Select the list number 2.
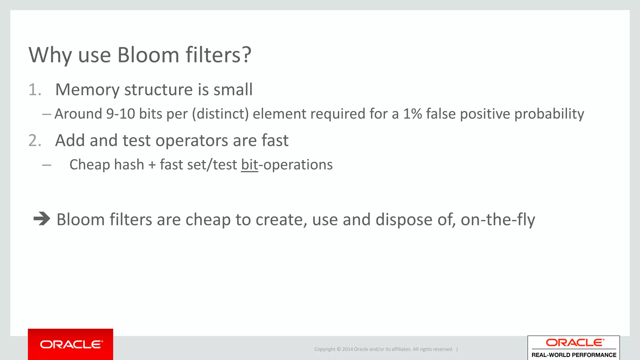(x=35, y=141)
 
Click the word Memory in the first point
(x=87, y=90)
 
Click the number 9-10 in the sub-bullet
(x=121, y=114)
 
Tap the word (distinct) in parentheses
(x=220, y=114)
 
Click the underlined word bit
(x=249, y=165)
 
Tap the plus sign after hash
(x=152, y=165)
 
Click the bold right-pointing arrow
(x=42, y=219)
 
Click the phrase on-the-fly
(x=497, y=220)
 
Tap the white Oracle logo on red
(x=71, y=344)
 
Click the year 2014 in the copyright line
(x=347, y=349)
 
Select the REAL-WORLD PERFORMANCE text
(x=574, y=355)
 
